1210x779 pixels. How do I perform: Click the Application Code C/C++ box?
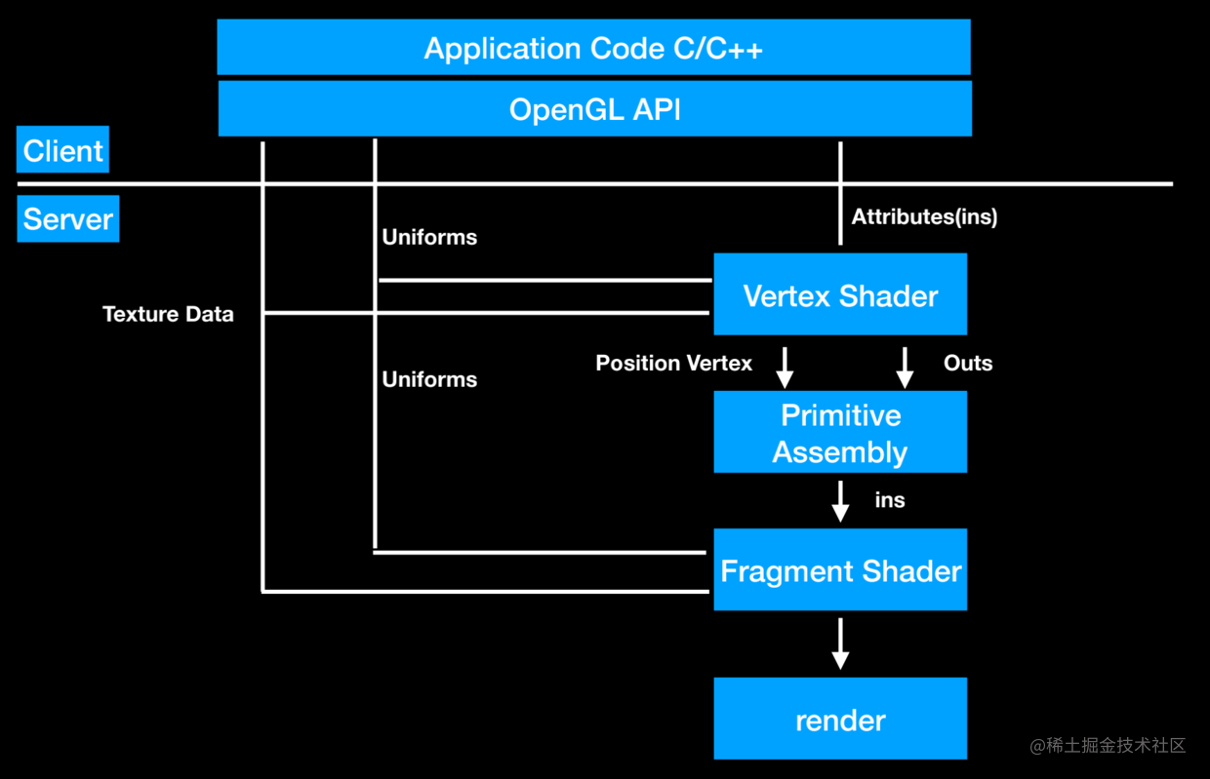point(593,48)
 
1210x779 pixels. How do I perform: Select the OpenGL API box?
point(594,108)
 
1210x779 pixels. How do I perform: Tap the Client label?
point(63,151)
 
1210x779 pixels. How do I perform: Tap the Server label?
point(68,219)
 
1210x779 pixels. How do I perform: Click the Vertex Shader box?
point(840,295)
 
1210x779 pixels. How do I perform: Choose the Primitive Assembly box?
point(840,433)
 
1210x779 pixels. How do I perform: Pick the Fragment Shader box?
point(840,570)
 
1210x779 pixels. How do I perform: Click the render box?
point(840,720)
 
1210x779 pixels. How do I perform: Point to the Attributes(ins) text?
point(924,216)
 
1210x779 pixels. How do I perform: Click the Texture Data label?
point(168,314)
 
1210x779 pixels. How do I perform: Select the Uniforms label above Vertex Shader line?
point(429,237)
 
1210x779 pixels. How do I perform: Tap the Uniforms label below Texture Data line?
point(429,379)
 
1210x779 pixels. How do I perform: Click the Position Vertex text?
point(673,364)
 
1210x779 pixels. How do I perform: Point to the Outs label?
point(968,364)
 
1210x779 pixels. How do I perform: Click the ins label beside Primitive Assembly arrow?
point(890,500)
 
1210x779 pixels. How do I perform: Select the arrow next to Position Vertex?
point(785,367)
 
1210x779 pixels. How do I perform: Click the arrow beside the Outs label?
point(905,367)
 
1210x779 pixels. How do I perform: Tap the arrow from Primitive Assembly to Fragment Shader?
point(840,501)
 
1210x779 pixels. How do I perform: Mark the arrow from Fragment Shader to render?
point(840,643)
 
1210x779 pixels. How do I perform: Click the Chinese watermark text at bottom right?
point(1108,746)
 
